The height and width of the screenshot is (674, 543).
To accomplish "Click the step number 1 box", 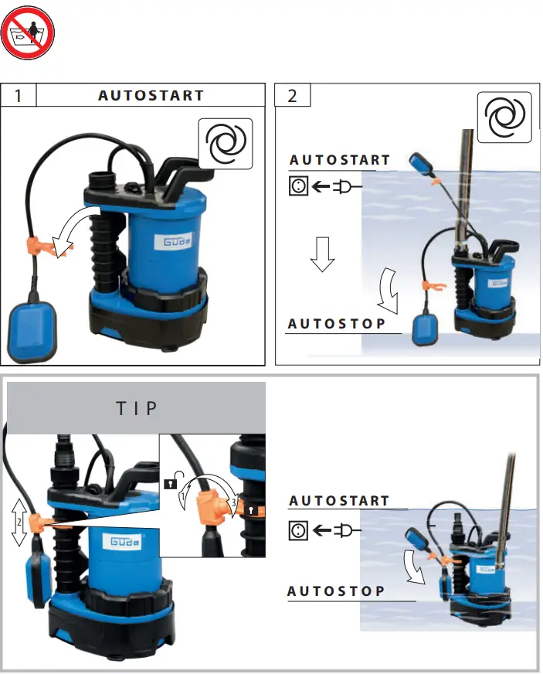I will [x=19, y=96].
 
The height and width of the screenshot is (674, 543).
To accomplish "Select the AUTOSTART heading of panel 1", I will [x=151, y=96].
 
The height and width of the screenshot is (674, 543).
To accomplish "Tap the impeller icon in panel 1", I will [x=226, y=143].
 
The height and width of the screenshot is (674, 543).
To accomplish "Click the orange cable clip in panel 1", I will [x=52, y=246].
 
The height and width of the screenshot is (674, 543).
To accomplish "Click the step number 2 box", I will [x=293, y=96].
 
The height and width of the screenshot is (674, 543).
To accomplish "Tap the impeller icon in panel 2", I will [x=504, y=118].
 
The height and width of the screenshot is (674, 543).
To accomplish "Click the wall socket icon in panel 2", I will [x=298, y=186].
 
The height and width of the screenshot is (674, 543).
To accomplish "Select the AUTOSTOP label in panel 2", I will [x=336, y=324].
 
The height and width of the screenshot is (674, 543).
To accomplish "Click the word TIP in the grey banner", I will [x=137, y=408].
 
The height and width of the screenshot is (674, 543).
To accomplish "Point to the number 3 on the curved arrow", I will [x=232, y=503].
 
